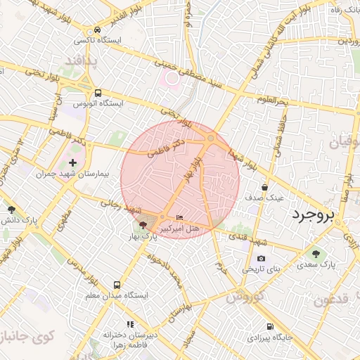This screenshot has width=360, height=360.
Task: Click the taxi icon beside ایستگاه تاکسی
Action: pyautogui.click(x=97, y=30)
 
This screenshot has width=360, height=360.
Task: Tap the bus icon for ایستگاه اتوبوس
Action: pyautogui.click(x=97, y=92)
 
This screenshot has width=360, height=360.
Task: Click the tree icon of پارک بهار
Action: pyautogui.click(x=143, y=225)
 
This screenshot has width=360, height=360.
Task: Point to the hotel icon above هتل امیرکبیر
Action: pyautogui.click(x=179, y=217)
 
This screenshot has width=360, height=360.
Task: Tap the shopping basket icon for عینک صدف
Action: pyautogui.click(x=264, y=187)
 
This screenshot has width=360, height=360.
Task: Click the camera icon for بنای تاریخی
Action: pyautogui.click(x=261, y=258)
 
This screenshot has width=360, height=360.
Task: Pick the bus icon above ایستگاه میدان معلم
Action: pyautogui.click(x=116, y=285)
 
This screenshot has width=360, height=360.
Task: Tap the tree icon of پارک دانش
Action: pyautogui.click(x=11, y=209)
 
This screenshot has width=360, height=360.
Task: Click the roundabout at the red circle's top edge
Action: pyautogui.click(x=210, y=139)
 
